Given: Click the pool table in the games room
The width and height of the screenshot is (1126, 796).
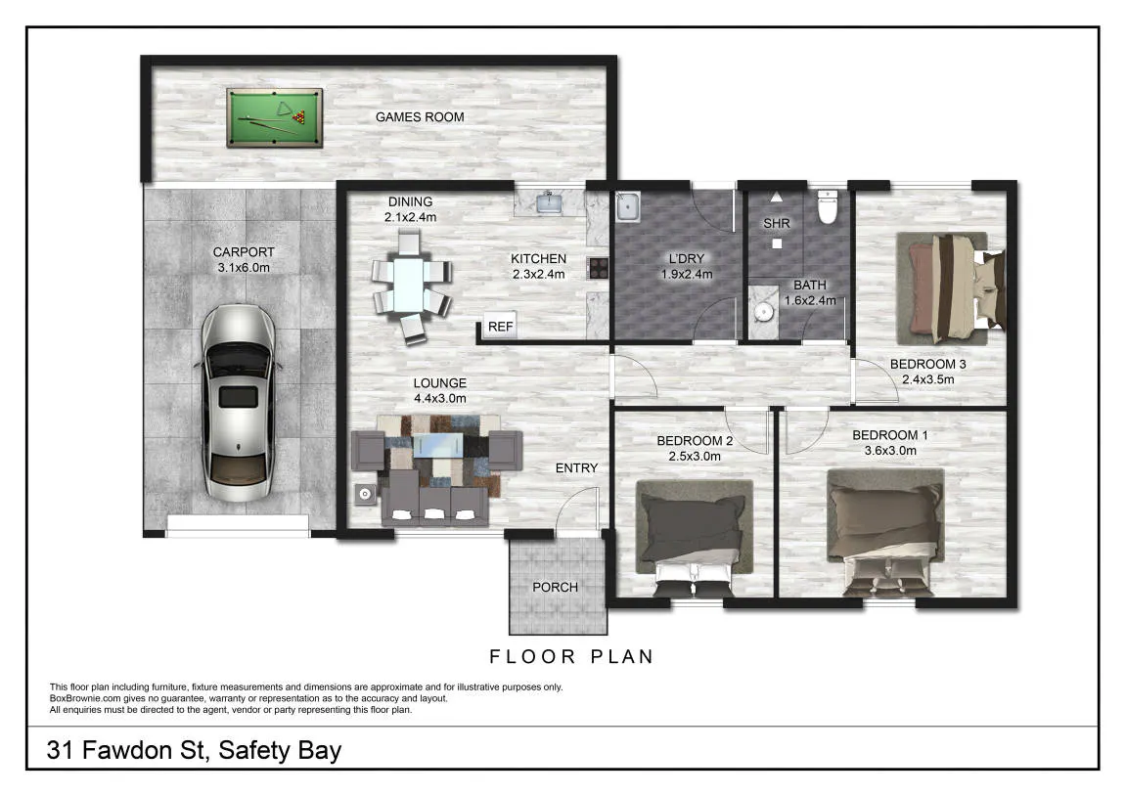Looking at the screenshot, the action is coord(274,117).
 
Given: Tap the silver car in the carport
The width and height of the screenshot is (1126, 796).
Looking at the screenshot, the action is coord(239,403).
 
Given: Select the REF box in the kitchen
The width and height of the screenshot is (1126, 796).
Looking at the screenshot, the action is coord(500,326).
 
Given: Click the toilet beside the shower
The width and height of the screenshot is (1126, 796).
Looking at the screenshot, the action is coord(828,206).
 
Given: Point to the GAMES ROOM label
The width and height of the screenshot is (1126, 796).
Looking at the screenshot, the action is coord(420,117).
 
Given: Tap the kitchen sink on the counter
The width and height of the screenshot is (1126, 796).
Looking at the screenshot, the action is coord(550,202).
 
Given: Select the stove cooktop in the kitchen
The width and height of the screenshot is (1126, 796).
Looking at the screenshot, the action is coord(598,268).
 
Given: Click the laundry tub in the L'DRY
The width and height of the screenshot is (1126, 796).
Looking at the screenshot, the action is coord(628,206).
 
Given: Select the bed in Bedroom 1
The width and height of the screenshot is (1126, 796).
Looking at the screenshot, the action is coord(885,532).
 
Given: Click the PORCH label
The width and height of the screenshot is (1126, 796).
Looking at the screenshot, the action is coord(555,587).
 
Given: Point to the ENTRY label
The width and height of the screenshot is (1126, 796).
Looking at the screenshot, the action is coord(576,468).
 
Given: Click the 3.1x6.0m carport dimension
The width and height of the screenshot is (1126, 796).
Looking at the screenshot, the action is coord(244,268).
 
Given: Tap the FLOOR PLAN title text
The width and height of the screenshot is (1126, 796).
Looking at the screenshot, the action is coord(571,657).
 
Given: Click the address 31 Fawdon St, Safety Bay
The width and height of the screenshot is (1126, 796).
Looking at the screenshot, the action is coord(194,750).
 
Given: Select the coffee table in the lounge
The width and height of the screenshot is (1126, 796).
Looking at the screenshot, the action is coord(437,445).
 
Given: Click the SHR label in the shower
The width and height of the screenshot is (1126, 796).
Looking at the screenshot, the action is coord(777,223).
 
